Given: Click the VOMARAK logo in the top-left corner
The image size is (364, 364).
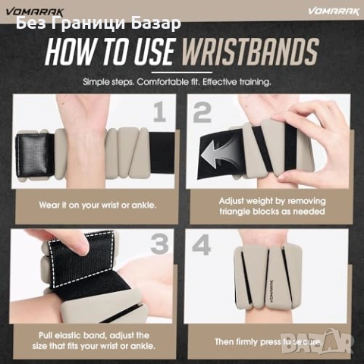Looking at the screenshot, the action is pyautogui.click(x=35, y=12).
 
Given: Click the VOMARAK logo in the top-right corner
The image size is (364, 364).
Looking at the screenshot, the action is pyautogui.click(x=334, y=11).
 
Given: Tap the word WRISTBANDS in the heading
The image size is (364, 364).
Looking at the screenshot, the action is pyautogui.click(x=250, y=52).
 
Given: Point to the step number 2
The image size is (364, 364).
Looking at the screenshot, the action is pyautogui.click(x=202, y=113).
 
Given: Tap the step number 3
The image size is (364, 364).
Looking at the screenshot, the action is pyautogui.click(x=159, y=243).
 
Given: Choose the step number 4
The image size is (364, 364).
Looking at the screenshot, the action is pyautogui.click(x=201, y=245).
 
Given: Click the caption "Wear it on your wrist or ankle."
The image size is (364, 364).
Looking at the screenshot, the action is pyautogui.click(x=98, y=205).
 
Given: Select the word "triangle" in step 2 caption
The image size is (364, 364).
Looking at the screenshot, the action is pyautogui.click(x=236, y=212).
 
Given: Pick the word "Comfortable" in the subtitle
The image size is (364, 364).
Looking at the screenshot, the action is pyautogui.click(x=168, y=82).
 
